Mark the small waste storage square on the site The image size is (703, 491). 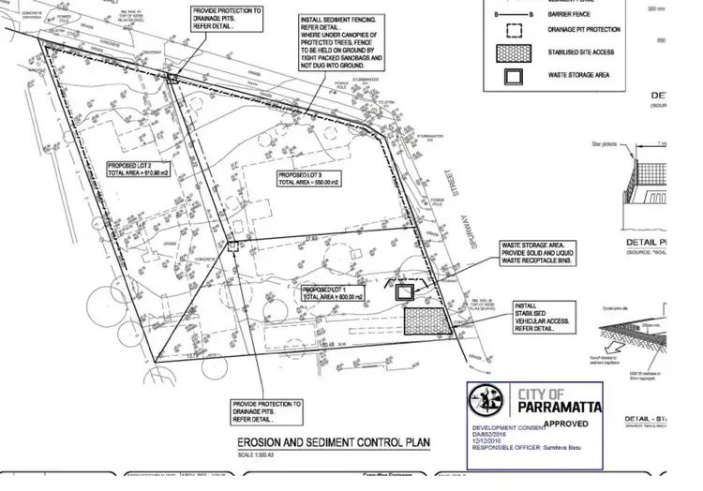click(x=405, y=292)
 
